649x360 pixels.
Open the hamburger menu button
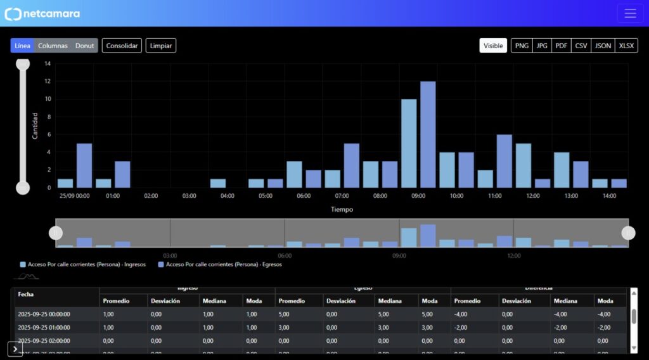click(630, 13)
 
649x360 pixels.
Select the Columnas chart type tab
click(53, 46)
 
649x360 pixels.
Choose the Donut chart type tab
click(84, 46)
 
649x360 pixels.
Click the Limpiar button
click(161, 46)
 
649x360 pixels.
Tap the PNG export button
click(522, 46)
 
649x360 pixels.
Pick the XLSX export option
click(626, 46)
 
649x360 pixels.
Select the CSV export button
click(581, 46)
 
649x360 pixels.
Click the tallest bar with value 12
click(428, 134)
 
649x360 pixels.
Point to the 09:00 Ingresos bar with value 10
click(409, 143)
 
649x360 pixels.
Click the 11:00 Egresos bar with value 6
click(504, 161)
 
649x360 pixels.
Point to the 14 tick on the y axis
click(48, 63)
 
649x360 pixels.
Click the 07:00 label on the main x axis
click(342, 196)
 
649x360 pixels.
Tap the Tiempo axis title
click(342, 209)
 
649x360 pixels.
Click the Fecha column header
click(26, 294)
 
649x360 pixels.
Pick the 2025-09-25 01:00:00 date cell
click(44, 327)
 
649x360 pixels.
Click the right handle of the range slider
click(628, 233)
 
